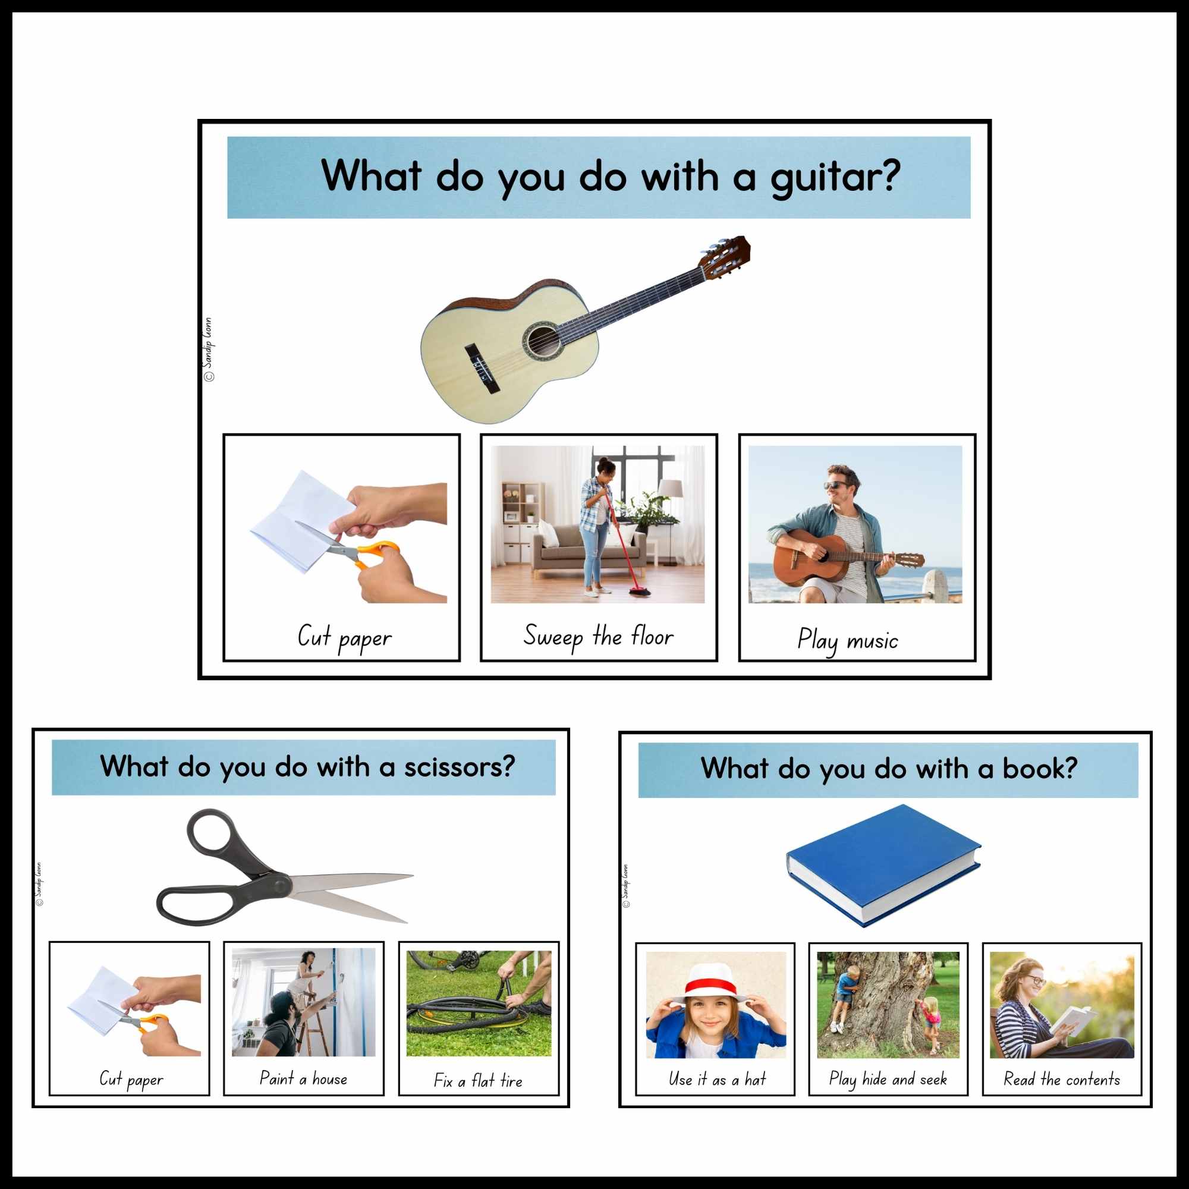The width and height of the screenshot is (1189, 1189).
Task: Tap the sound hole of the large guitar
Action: tap(542, 340)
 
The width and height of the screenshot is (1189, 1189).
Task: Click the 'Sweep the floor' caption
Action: tap(598, 636)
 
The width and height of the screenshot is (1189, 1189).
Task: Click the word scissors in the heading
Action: tap(458, 767)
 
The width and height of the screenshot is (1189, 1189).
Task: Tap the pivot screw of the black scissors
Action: tap(282, 886)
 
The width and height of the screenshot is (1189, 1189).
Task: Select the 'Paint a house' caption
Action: tap(303, 1079)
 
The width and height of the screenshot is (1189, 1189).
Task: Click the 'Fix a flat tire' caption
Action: tap(478, 1081)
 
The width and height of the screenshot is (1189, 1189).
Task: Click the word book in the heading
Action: tap(1039, 769)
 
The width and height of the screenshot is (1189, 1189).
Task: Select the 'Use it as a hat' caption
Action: tap(717, 1079)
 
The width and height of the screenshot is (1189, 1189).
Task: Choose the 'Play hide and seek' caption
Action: tap(888, 1079)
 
